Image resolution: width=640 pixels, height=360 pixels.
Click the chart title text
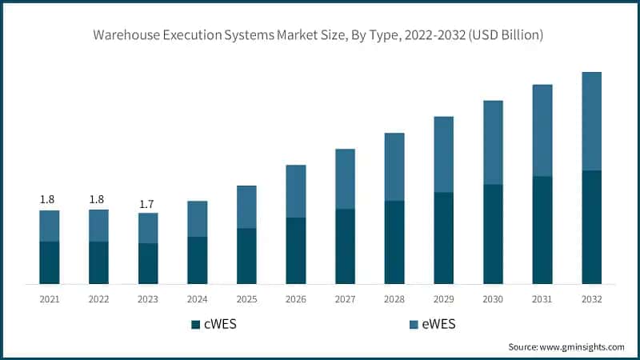coord(320,35)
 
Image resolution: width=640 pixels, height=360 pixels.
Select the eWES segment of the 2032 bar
coord(592,121)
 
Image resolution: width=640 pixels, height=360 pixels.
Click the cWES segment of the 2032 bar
coord(592,227)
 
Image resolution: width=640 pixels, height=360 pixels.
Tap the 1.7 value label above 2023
coord(147,205)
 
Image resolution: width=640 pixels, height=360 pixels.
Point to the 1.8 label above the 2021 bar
coord(49,199)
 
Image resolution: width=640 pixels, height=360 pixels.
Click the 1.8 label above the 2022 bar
coord(98,199)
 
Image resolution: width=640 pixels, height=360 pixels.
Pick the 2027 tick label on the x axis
coord(346,298)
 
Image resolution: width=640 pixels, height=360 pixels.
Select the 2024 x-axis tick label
coord(197,298)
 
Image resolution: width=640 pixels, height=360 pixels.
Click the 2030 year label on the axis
coord(493,298)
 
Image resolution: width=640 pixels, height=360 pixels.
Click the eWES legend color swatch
coord(414,324)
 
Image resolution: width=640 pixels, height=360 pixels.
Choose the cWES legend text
coord(221,324)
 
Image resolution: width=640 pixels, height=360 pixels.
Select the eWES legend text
coord(438,324)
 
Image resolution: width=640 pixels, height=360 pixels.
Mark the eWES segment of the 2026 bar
coord(296,191)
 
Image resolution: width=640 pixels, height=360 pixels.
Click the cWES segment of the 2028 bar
coord(394,242)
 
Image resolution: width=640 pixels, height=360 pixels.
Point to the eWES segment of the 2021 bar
coord(49,226)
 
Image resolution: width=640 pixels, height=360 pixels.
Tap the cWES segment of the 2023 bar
coord(147,264)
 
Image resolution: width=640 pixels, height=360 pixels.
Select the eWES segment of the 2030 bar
coord(493,142)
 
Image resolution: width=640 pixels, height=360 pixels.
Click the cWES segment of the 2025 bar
coord(246,256)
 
